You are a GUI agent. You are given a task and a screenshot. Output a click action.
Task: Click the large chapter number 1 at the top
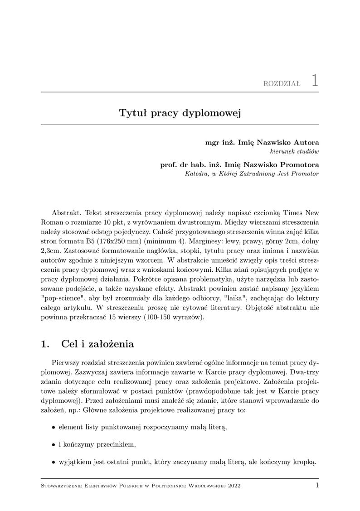[x=315, y=80]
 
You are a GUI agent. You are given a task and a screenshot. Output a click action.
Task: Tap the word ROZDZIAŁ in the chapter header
[x=282, y=84]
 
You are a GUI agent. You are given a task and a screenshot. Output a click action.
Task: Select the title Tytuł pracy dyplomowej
[x=180, y=112]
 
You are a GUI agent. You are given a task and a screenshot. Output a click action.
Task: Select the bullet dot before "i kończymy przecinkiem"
[x=54, y=444]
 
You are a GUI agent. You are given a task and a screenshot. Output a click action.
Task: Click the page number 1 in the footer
[x=317, y=485]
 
